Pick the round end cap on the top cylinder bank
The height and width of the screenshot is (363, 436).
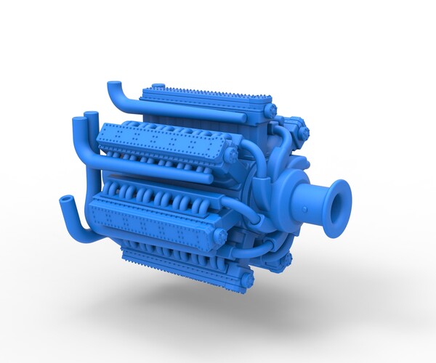click(270, 110)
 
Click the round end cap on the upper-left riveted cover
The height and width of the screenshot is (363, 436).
click(230, 155)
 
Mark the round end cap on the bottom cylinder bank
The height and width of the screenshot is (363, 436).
click(246, 278)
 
